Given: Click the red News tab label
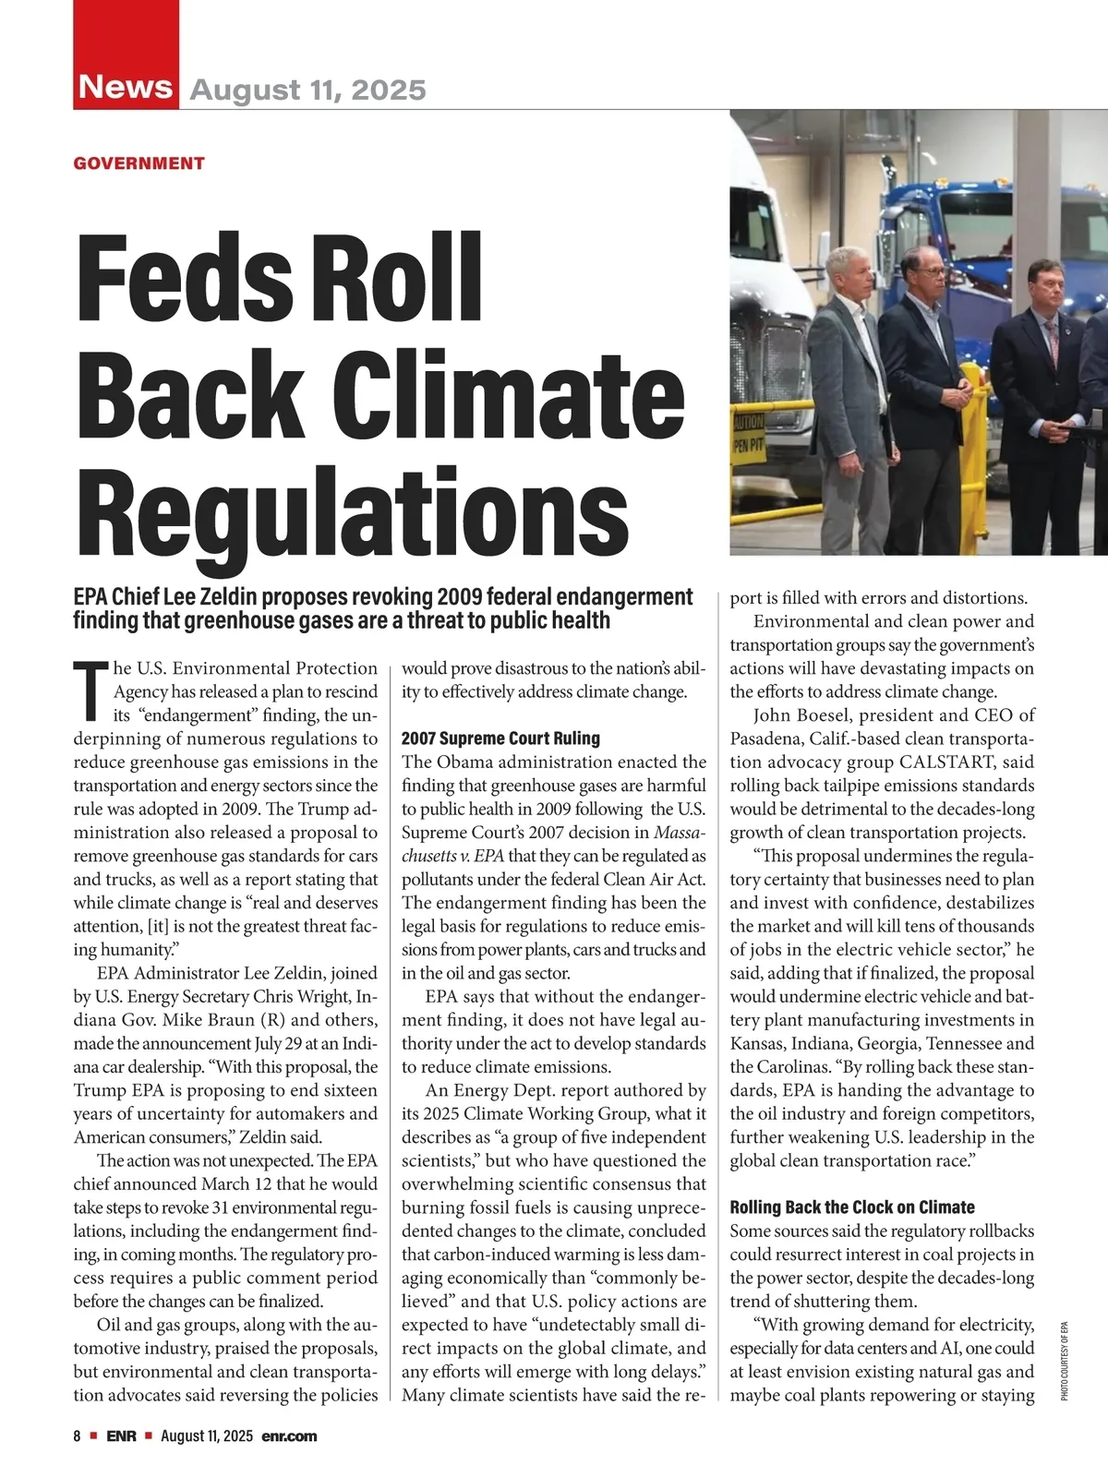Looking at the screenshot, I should (x=126, y=87).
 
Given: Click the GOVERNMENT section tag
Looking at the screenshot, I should (x=138, y=163).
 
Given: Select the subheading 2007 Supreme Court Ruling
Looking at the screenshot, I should (x=500, y=738).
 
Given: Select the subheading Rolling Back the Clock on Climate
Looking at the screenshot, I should (x=851, y=1207).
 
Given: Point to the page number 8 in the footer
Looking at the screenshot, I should (x=78, y=1435).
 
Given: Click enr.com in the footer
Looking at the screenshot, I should (x=289, y=1435).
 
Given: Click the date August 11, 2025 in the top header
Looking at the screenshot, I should (x=307, y=90).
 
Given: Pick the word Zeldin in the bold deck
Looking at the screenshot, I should (x=236, y=596).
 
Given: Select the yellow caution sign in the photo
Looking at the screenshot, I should (x=748, y=431).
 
